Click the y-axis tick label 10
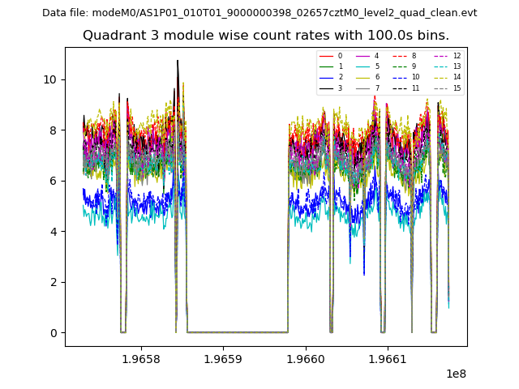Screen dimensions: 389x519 pos(50,79)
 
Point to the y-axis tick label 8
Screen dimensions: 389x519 pos(54,130)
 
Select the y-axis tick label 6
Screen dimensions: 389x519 pos(54,181)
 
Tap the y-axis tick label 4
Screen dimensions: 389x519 pos(54,232)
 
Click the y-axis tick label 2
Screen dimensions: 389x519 pos(54,282)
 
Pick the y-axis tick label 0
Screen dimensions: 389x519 pos(54,333)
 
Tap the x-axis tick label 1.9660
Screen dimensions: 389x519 pos(306,359)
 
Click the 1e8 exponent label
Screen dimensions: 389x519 pos(455,374)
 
